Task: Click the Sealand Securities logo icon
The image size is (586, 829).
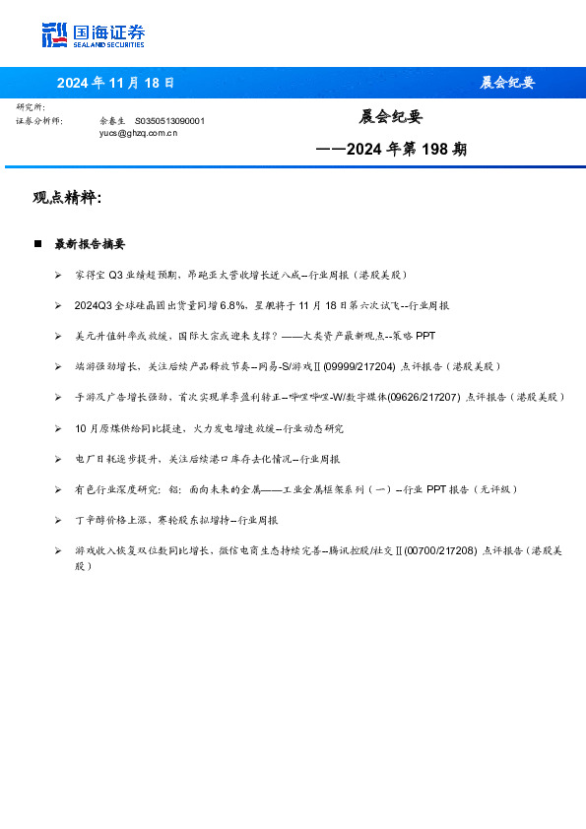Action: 55,34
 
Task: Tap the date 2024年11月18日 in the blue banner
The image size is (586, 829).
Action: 115,83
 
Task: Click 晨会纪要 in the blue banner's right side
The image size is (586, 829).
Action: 507,83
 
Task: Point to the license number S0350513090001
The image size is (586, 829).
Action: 169,120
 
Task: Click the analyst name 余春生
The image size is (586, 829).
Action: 112,120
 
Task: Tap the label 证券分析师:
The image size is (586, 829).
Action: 39,120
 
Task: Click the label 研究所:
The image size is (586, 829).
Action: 31,107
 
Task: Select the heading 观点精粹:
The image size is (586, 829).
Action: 67,198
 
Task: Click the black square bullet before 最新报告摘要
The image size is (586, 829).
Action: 37,244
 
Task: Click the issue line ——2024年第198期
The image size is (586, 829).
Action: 391,150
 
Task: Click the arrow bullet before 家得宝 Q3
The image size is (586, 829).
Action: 59,276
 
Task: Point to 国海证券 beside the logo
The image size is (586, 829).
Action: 108,31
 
